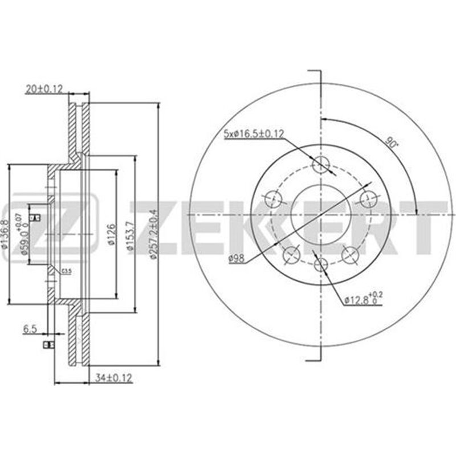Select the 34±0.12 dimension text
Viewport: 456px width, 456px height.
[x=112, y=377]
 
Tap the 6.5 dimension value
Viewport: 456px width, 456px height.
[x=31, y=329]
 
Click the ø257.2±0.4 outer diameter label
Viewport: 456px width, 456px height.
[x=152, y=233]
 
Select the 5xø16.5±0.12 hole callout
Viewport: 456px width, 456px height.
[x=253, y=134]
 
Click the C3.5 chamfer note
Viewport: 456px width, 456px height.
[x=67, y=270]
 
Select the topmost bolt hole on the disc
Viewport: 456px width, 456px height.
[x=323, y=165]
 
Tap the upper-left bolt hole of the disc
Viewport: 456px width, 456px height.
[x=275, y=199]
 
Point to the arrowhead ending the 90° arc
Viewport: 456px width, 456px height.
[x=417, y=209]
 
